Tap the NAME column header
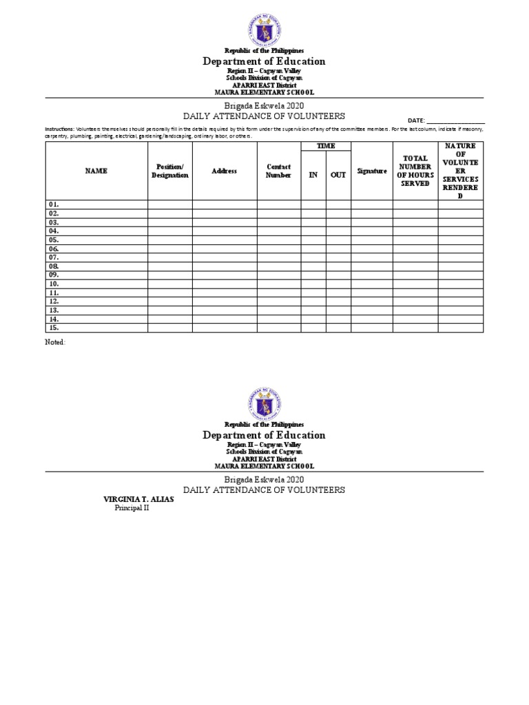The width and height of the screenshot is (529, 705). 96,171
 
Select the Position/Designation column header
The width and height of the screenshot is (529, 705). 170,171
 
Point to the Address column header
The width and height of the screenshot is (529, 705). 225,171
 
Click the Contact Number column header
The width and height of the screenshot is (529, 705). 279,171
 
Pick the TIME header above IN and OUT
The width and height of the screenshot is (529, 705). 326,147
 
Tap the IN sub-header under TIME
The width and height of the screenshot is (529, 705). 313,175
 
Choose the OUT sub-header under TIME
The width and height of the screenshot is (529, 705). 338,175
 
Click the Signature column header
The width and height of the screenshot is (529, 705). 372,171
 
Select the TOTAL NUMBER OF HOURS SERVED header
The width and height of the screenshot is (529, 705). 415,171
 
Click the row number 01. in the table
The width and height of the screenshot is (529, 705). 54,204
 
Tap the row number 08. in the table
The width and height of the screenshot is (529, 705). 54,266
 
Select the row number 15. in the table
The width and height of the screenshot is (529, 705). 54,328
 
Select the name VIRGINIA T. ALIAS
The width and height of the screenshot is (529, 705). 138,500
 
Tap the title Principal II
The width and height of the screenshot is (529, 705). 131,509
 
